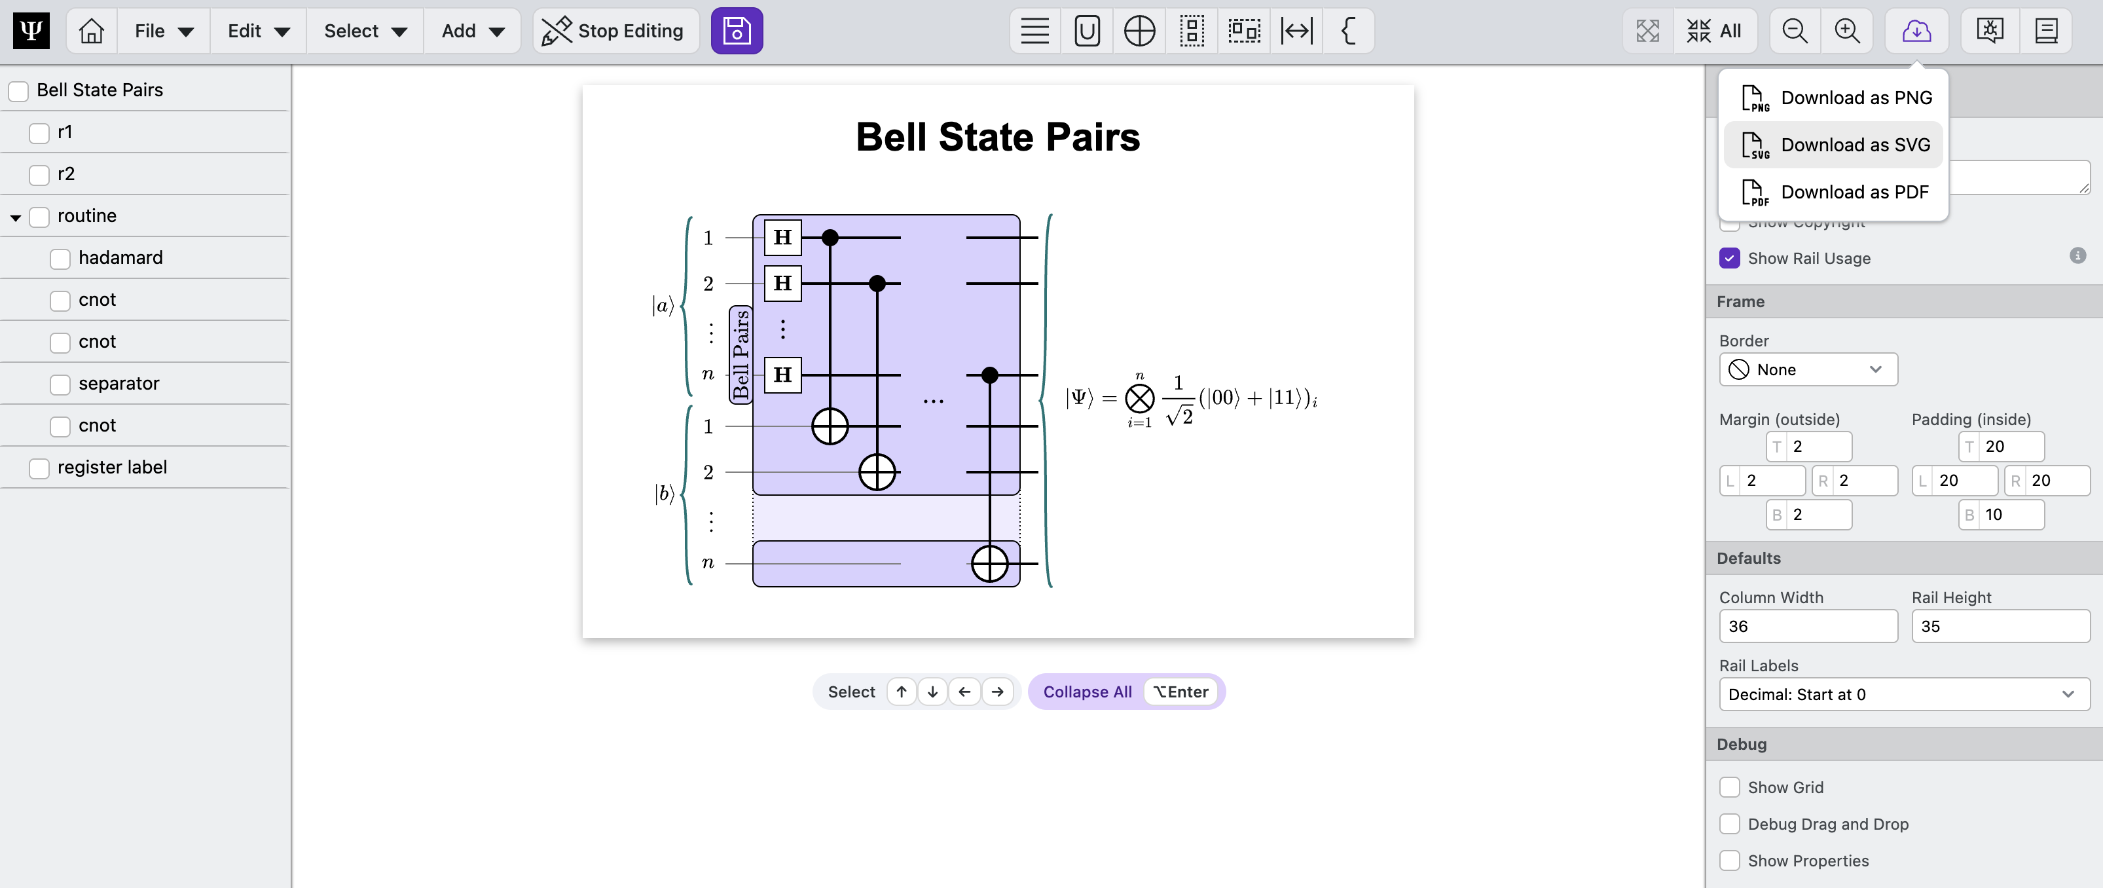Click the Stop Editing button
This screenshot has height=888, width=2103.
pyautogui.click(x=615, y=31)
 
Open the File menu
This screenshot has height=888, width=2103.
pyautogui.click(x=163, y=31)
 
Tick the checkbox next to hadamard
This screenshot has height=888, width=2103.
pyautogui.click(x=60, y=259)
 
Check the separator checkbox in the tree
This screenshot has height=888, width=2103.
pyautogui.click(x=60, y=384)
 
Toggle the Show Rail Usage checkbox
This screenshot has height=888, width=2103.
pyautogui.click(x=1729, y=259)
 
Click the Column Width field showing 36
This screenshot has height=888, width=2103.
pyautogui.click(x=1808, y=627)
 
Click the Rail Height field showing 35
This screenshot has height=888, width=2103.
pyautogui.click(x=2000, y=627)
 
